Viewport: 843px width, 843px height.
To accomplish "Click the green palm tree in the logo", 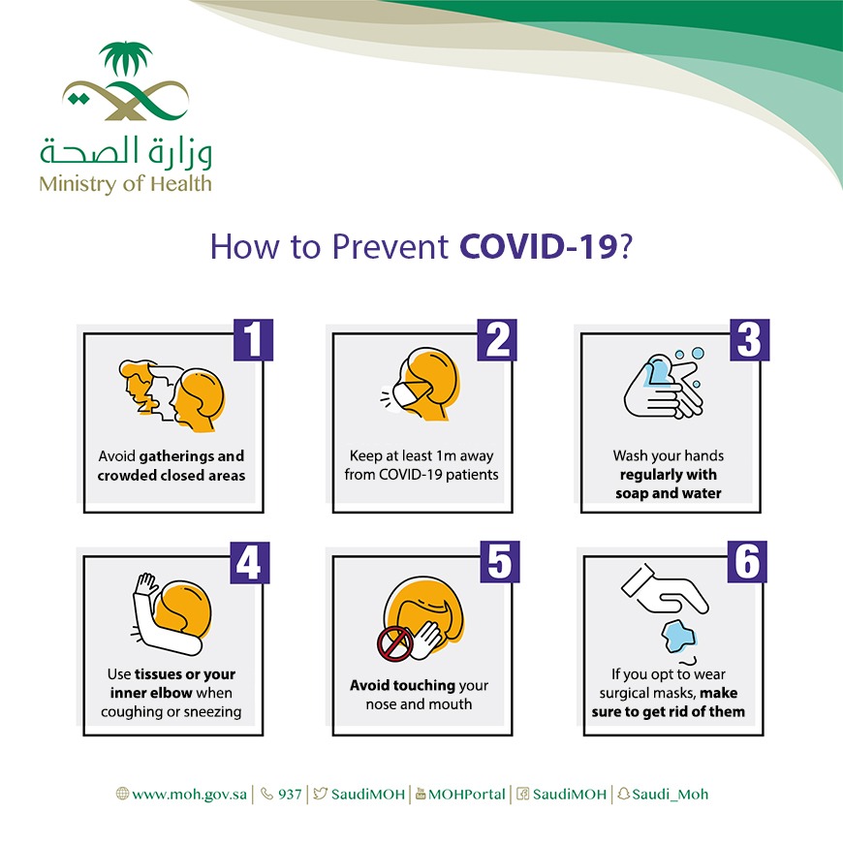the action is coord(126,58).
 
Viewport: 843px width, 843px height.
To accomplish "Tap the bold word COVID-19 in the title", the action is coord(538,247).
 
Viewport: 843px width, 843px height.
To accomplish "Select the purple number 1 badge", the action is coord(253,340).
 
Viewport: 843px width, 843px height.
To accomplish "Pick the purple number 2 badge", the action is coord(497,340).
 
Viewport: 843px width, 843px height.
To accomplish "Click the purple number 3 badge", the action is coord(749,340).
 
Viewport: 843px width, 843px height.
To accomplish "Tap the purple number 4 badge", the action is coord(249,562).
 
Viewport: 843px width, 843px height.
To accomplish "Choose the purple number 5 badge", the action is coord(499,562).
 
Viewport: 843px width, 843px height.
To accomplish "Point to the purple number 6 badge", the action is coord(747,562).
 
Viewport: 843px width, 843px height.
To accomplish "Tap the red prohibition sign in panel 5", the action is coord(395,644).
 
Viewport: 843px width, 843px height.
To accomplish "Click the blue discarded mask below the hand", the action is coord(679,637).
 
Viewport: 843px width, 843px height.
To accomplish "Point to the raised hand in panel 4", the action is coord(145,584).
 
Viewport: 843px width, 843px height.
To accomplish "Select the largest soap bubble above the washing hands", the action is coord(698,354).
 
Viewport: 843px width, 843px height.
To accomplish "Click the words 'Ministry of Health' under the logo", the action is coord(125,184).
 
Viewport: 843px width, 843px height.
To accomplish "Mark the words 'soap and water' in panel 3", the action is coord(669,493).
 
